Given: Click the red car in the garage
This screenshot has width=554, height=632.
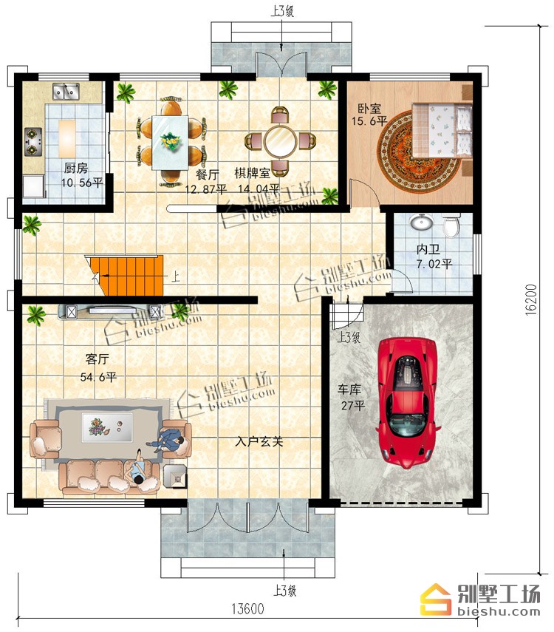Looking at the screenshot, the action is (406, 403).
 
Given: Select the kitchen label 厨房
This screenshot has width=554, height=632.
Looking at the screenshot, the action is (76, 168).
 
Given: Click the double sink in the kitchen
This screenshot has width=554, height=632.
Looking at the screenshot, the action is (66, 92).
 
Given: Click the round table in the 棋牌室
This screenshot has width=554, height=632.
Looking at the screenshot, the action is (281, 141).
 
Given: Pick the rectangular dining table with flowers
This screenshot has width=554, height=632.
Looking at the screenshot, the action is (170, 142).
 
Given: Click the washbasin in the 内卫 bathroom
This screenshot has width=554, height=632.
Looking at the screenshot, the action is (422, 221).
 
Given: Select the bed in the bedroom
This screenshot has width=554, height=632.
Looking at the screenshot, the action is (442, 130).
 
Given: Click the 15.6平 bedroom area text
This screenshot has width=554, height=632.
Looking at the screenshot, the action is (369, 121).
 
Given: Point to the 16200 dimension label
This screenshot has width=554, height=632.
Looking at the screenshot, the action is (532, 299).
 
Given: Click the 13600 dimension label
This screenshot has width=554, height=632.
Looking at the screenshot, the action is (247, 608).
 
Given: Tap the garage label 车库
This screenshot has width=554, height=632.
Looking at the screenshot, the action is (349, 390).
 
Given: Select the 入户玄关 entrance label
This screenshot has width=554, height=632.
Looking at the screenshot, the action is (259, 442).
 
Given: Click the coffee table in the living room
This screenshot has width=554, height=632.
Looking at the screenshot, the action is (107, 427).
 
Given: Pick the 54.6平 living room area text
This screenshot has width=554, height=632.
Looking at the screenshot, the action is (98, 377).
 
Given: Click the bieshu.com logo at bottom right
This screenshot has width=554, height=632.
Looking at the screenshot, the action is (480, 599).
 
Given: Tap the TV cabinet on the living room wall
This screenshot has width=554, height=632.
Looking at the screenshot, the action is (112, 312).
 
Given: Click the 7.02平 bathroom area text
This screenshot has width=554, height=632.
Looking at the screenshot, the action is (434, 264).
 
